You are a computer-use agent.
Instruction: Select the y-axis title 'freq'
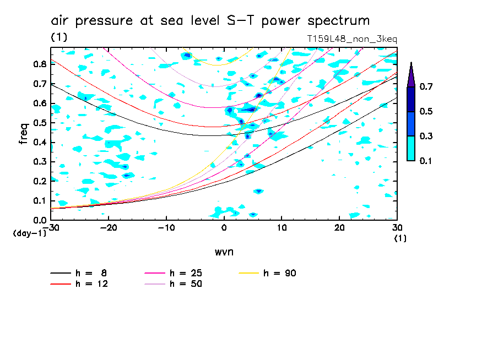(x=24, y=133)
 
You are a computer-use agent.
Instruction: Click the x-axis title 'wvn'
(x=224, y=252)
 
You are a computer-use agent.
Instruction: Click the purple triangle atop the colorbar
(x=411, y=75)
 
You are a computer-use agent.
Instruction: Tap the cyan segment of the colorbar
(x=411, y=148)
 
